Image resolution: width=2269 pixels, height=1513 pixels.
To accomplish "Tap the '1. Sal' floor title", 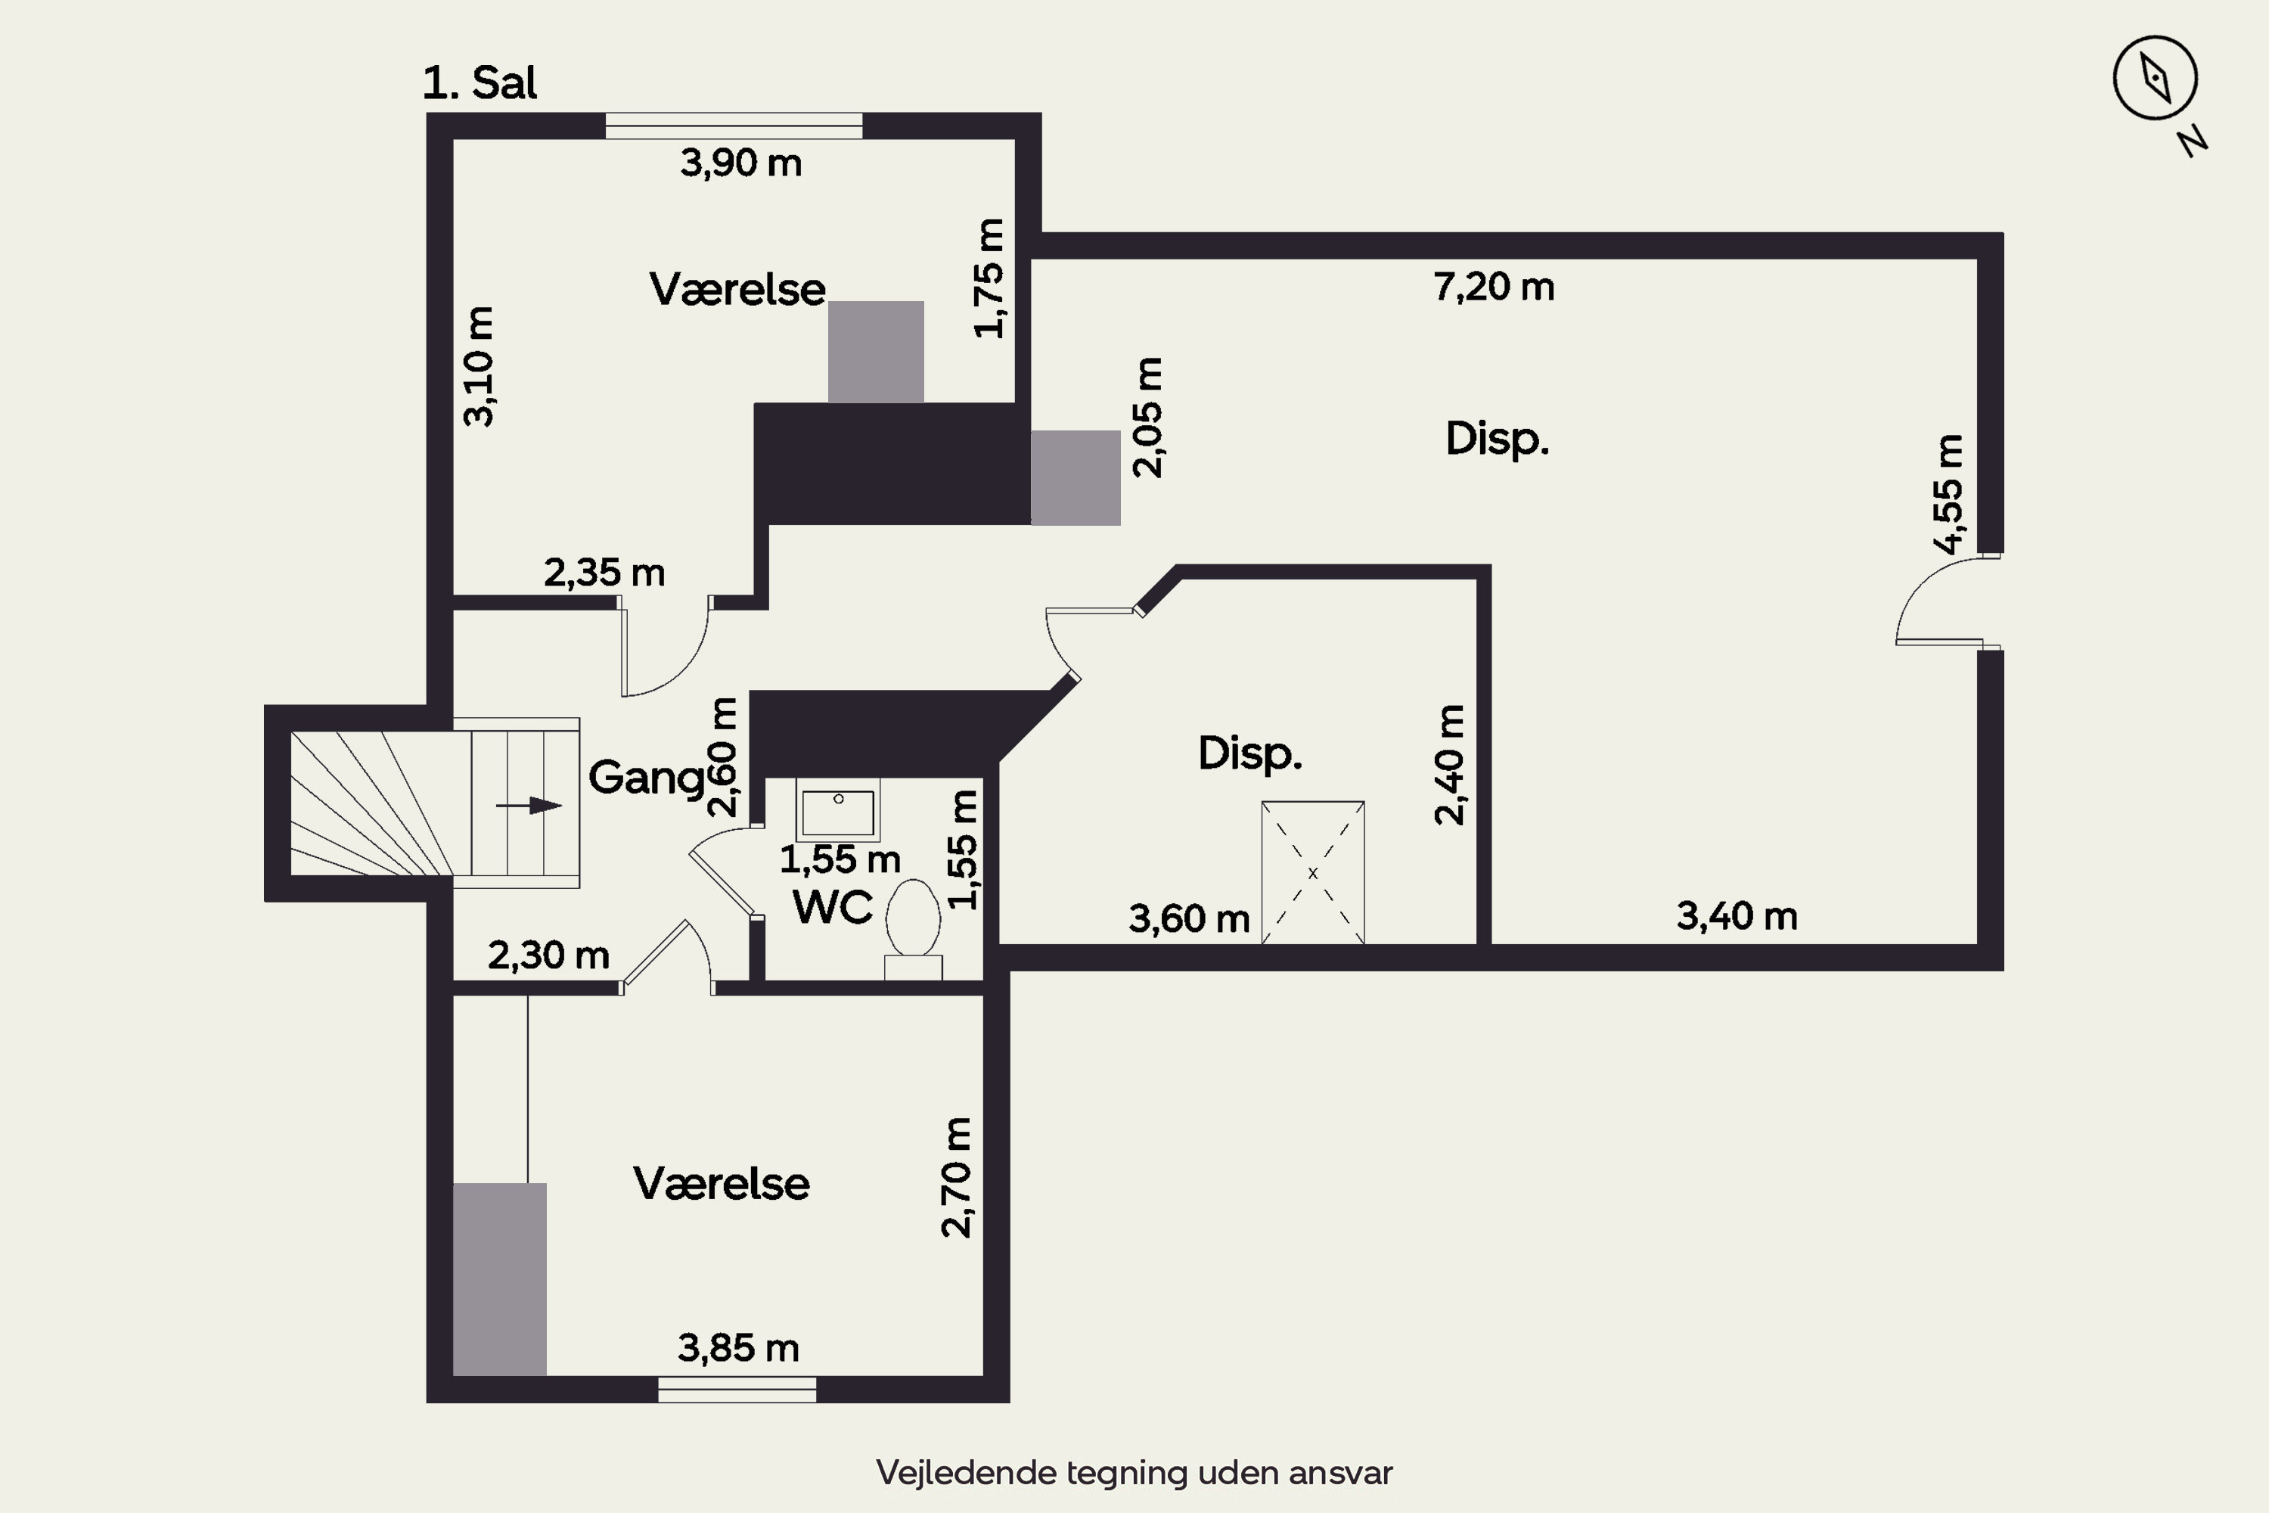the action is [x=480, y=83].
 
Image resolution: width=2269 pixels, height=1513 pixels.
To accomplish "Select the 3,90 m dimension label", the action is [x=741, y=163].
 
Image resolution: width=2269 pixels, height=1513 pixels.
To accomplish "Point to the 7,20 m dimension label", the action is [x=1493, y=287].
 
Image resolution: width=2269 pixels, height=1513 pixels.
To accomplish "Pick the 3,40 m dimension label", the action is [x=1737, y=915].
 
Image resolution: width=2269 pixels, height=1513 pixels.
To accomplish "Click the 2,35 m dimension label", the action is [x=604, y=573].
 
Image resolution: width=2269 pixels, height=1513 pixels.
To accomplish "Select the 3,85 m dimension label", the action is [x=738, y=1348].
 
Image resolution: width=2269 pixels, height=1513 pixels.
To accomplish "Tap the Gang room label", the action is [x=647, y=778].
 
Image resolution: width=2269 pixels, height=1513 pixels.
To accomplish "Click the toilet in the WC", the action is [x=913, y=929].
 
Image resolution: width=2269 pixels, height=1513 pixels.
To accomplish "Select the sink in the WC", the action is [x=838, y=810].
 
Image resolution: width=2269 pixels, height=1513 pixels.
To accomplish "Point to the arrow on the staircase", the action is [x=529, y=805].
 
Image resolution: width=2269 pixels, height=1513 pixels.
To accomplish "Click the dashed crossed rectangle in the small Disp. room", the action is [x=1313, y=872].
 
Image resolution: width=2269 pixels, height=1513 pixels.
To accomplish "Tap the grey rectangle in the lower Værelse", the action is [x=500, y=1279].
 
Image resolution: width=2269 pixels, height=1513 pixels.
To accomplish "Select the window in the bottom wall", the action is [x=737, y=1390].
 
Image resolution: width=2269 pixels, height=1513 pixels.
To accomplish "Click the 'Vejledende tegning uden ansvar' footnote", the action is [x=1134, y=1472].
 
